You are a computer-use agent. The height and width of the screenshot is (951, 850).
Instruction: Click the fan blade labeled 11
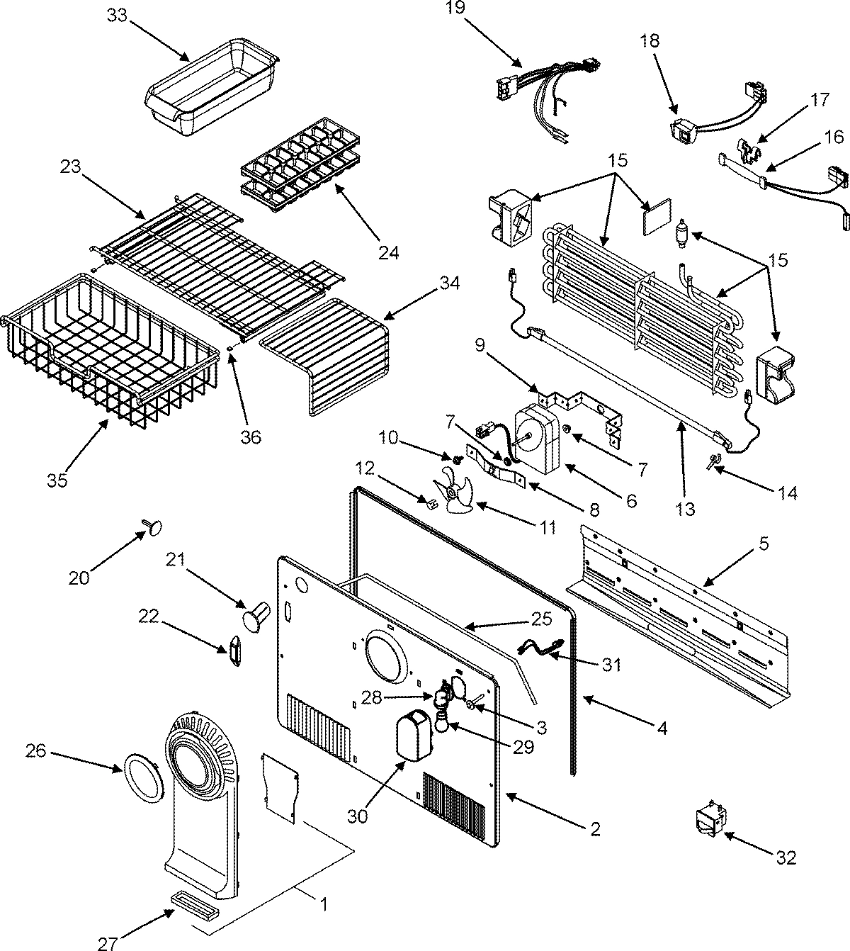pos(453,493)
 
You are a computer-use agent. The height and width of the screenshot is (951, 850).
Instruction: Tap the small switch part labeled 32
pos(710,820)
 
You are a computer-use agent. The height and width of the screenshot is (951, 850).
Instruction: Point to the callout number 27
pos(107,942)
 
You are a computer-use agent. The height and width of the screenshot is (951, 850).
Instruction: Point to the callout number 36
pos(250,437)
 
